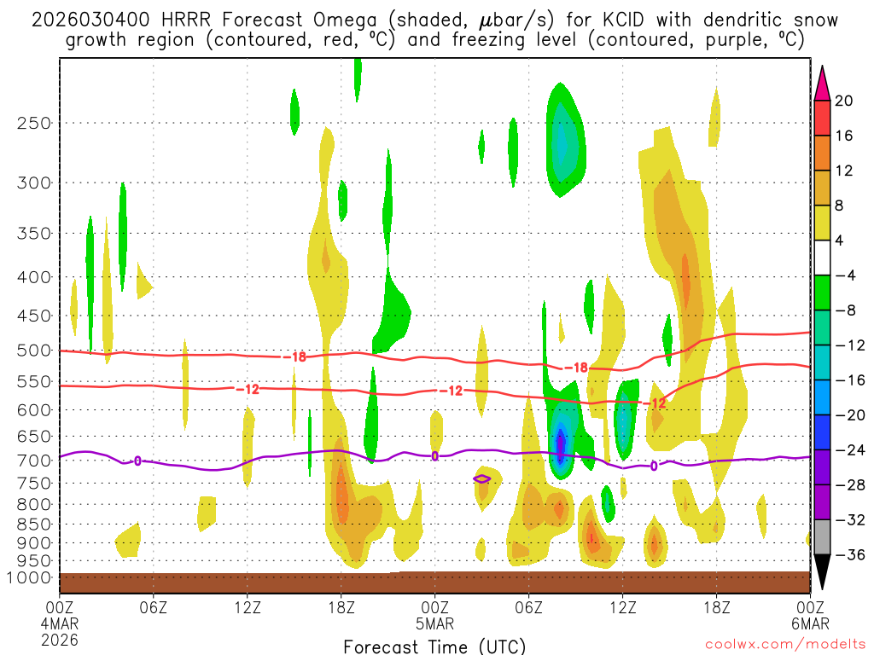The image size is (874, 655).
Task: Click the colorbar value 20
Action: pos(844,101)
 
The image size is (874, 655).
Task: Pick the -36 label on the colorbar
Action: pos(845,554)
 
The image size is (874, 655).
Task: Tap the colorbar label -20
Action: pos(845,415)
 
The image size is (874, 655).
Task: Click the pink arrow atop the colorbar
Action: pos(822,83)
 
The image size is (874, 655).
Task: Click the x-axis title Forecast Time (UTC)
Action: pos(434,646)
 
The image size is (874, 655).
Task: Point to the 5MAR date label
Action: pos(435,622)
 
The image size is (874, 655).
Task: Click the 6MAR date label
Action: pos(809,622)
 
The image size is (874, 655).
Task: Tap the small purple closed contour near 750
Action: pos(481,478)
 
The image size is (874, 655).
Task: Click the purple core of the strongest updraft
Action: pos(561,445)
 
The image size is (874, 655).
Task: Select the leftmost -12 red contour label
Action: pos(248,389)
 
